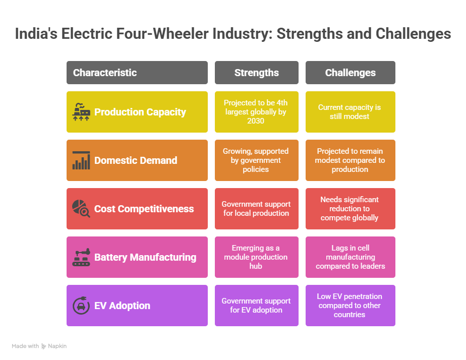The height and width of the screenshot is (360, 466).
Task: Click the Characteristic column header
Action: pyautogui.click(x=137, y=73)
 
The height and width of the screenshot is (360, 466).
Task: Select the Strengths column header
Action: pyautogui.click(x=257, y=73)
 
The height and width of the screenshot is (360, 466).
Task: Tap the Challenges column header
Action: pyautogui.click(x=351, y=73)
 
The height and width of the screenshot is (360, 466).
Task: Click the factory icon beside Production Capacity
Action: pyautogui.click(x=81, y=112)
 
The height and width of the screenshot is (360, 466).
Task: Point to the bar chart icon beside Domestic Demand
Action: pyautogui.click(x=81, y=160)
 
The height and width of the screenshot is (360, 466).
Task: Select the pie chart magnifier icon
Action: pyautogui.click(x=81, y=209)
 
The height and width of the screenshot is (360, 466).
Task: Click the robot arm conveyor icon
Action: pyautogui.click(x=81, y=257)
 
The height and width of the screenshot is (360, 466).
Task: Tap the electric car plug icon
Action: pyautogui.click(x=81, y=306)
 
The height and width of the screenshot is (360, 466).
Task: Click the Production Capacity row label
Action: pyautogui.click(x=140, y=112)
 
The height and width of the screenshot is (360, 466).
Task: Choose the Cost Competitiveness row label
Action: pyautogui.click(x=144, y=209)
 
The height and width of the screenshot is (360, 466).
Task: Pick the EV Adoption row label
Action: pyautogui.click(x=122, y=306)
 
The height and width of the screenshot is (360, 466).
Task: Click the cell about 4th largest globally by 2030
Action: pyautogui.click(x=257, y=112)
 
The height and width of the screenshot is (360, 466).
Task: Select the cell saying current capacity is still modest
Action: pyautogui.click(x=351, y=112)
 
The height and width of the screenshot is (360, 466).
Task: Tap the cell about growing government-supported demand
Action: pyautogui.click(x=257, y=160)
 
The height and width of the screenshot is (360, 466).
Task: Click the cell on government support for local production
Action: pyautogui.click(x=257, y=209)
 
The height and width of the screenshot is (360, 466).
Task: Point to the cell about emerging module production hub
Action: pyautogui.click(x=257, y=257)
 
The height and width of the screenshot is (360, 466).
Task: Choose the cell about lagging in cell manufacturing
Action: pyautogui.click(x=351, y=257)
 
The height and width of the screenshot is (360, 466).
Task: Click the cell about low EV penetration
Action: pyautogui.click(x=351, y=306)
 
